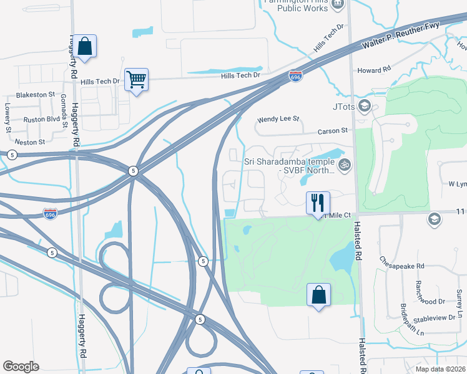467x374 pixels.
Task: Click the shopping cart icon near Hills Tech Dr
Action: (x=136, y=80)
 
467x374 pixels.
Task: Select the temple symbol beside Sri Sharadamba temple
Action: (x=344, y=166)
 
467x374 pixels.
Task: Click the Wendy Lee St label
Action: (x=279, y=119)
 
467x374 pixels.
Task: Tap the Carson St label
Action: (x=332, y=131)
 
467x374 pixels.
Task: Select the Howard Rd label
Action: (x=374, y=70)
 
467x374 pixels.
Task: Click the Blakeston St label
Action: (x=36, y=95)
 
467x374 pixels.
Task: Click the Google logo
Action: (x=21, y=366)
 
